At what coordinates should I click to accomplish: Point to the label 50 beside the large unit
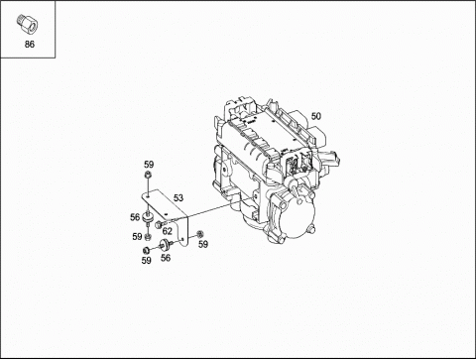point(316,117)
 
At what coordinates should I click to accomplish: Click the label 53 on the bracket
point(178,197)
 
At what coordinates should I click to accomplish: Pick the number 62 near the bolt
point(168,231)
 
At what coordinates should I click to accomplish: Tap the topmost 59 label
point(149,164)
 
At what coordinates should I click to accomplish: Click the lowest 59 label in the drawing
point(146,261)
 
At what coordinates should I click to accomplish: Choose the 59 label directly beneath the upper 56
point(137,236)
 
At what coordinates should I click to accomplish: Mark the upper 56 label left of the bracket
point(135,217)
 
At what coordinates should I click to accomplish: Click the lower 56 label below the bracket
point(166,257)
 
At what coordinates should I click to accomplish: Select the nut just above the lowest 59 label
point(147,247)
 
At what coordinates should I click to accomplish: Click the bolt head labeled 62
point(157,234)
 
